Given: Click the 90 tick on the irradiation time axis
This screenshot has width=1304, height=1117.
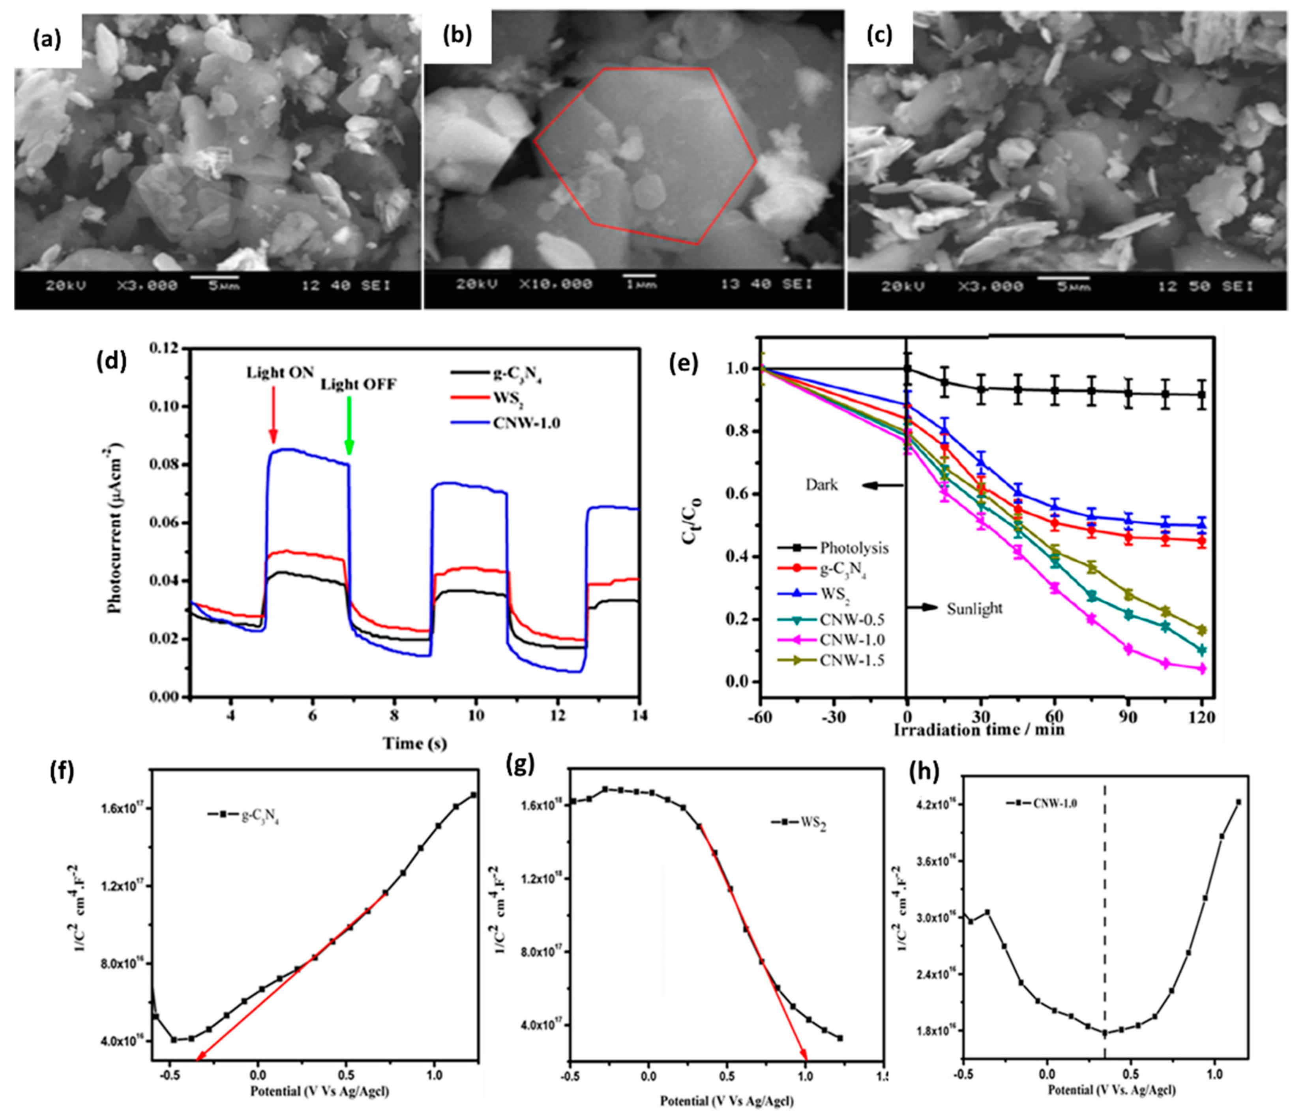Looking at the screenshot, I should point(1128,717).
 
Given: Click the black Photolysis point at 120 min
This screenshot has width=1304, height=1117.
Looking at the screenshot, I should point(1201,395).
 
